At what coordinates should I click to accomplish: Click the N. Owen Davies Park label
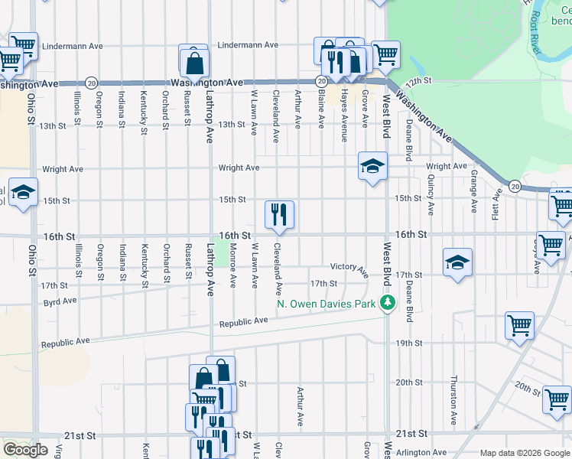coord(327,304)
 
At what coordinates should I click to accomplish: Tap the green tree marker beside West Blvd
coord(388,303)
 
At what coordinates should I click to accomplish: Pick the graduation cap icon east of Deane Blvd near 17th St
coord(457,262)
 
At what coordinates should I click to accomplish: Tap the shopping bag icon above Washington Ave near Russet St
coord(195,63)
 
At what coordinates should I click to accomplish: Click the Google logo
coord(25,449)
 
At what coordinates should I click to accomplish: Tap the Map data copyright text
coord(525,452)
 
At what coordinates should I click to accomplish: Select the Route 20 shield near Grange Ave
coord(515,186)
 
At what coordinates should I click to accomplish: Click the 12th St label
coord(419,80)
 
